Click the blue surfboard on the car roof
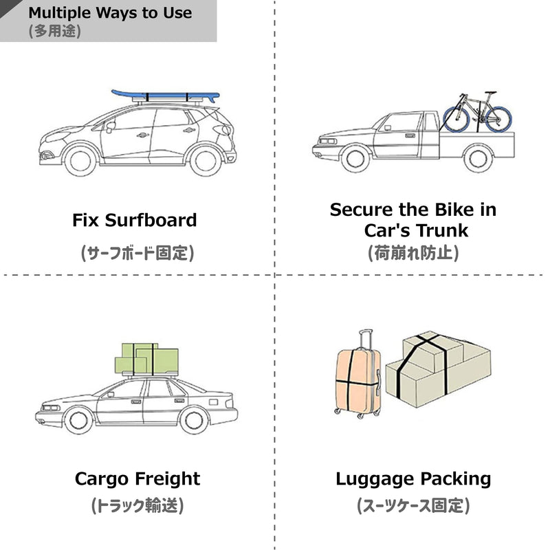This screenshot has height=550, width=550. click(165, 96)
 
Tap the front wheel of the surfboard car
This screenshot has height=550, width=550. click(80, 161)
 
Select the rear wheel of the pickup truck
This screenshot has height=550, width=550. click(477, 159)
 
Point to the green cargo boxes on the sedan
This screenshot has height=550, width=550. click(146, 359)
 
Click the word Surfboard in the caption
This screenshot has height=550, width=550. click(151, 220)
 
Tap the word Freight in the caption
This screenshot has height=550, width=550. click(167, 479)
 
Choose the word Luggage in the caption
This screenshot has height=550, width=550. click(375, 479)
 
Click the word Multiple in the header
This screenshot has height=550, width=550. click(59, 13)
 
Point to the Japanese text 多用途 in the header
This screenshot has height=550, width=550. click(55, 31)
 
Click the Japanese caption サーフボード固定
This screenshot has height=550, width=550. click(137, 253)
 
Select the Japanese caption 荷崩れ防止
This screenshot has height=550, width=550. click(413, 253)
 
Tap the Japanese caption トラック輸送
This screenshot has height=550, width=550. click(137, 505)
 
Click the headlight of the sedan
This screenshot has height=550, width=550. click(50, 408)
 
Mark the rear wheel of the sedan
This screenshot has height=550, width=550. click(194, 420)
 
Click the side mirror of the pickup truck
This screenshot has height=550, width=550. click(387, 128)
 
